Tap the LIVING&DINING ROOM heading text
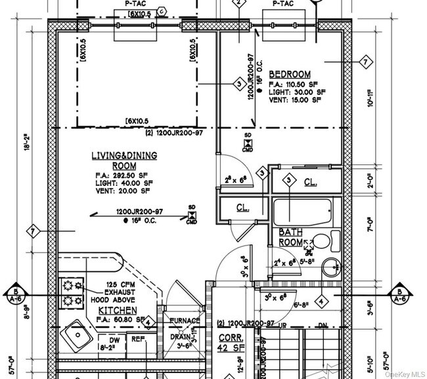(x=115, y=160)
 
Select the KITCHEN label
(x=118, y=310)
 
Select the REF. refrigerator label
(x=138, y=340)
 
